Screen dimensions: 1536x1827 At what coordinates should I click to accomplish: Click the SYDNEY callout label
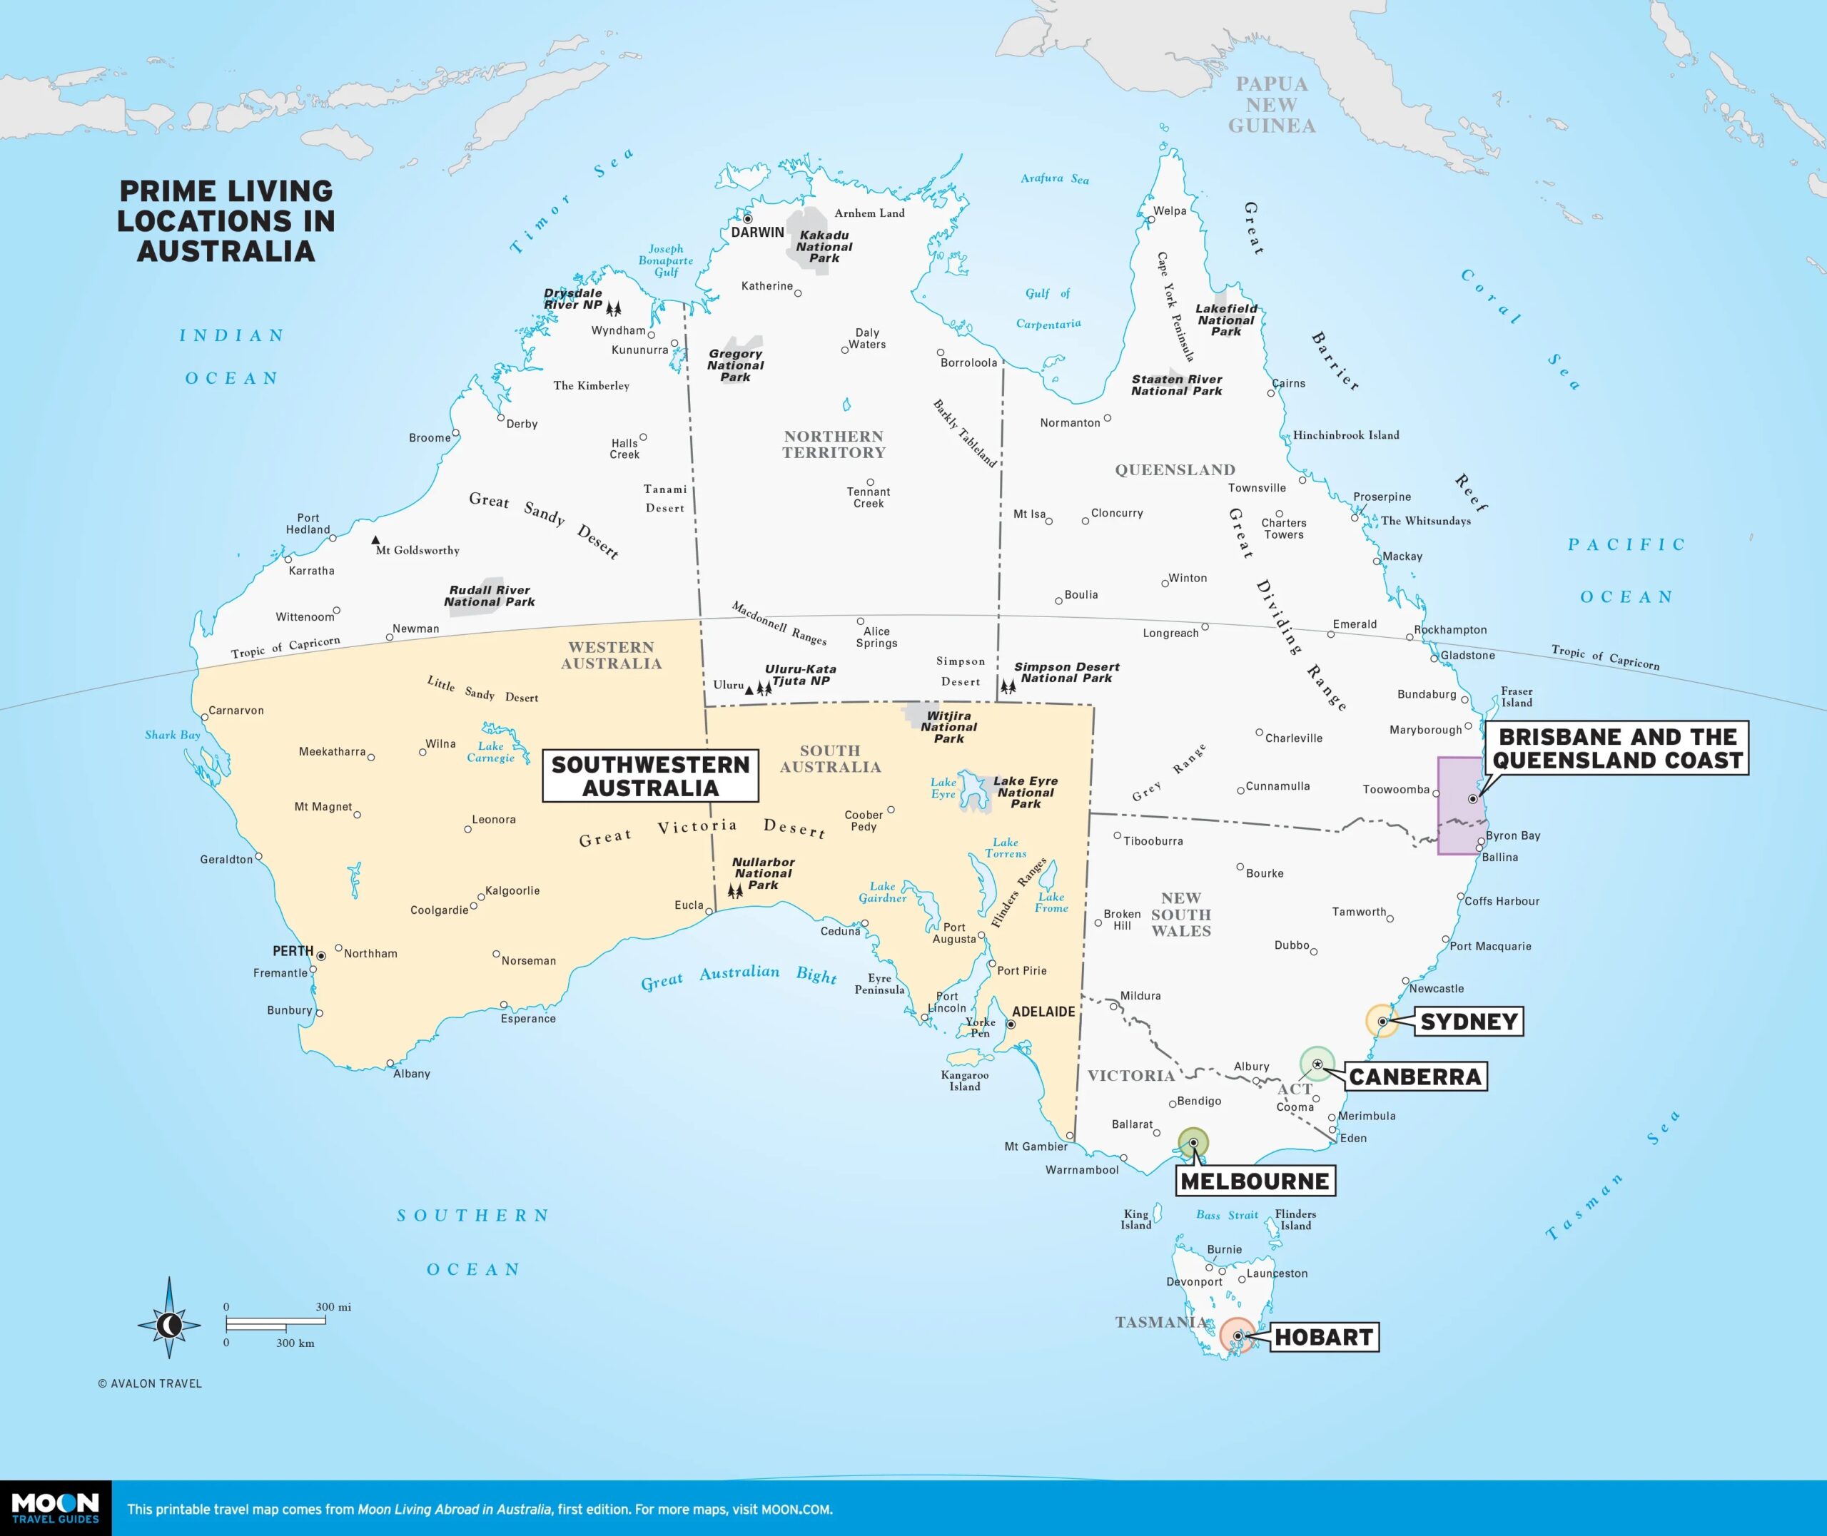(1468, 1022)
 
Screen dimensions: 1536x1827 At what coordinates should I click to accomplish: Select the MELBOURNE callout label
(1255, 1181)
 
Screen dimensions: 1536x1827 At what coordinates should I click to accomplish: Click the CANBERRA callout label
(1414, 1077)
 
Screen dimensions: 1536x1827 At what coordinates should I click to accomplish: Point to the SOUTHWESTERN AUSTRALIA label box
(649, 775)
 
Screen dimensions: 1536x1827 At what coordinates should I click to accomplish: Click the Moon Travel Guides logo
(55, 1508)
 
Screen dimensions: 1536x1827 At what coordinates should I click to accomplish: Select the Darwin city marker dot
(747, 218)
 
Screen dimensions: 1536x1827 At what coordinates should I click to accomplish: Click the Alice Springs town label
(876, 636)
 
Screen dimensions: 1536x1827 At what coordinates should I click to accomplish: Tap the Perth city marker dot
(320, 956)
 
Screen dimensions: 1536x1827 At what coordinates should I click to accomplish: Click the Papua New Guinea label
(1272, 104)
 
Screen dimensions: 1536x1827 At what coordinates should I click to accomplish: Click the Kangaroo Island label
(964, 1081)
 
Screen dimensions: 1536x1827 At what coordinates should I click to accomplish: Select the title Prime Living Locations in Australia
(226, 220)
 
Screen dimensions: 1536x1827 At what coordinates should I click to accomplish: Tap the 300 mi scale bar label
(333, 1307)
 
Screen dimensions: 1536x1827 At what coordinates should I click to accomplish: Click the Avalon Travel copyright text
(150, 1383)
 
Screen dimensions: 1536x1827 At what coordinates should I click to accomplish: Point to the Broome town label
(430, 437)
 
